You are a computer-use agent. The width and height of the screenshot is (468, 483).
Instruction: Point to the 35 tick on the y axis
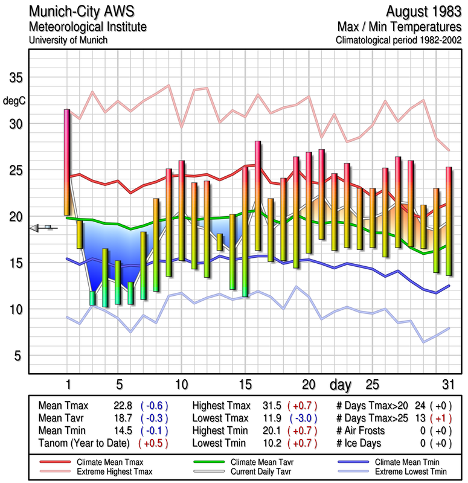(x=15, y=78)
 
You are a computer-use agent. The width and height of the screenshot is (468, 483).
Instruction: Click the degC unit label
(x=14, y=100)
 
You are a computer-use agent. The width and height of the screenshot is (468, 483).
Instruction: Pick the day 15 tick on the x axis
(x=245, y=385)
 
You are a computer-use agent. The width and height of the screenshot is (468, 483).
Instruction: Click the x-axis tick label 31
(x=448, y=385)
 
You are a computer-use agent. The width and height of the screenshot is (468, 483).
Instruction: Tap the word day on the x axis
(x=342, y=384)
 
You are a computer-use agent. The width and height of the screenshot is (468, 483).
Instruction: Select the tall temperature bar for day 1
(x=67, y=162)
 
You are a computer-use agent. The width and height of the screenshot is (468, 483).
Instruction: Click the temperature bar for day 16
(x=258, y=195)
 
